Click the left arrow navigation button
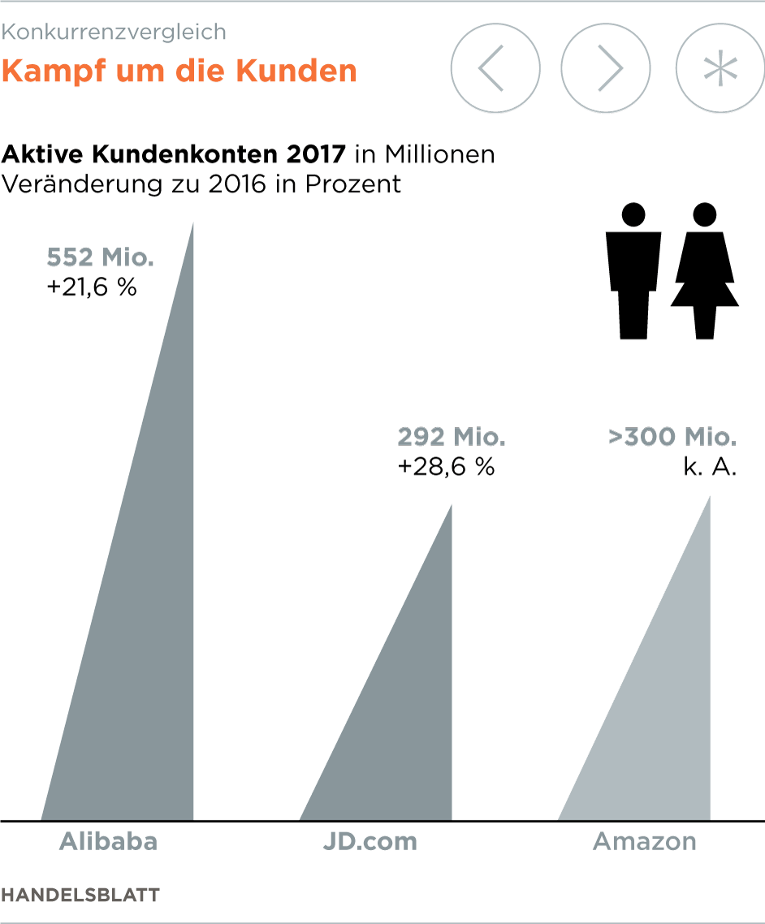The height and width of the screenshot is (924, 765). coord(495,70)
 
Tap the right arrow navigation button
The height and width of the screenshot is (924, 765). coord(606,70)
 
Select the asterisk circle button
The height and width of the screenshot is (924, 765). coord(720,70)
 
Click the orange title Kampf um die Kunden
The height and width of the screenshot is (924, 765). coord(179,71)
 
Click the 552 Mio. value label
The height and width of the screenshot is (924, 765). coord(100,258)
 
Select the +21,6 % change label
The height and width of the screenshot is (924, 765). coord(92,287)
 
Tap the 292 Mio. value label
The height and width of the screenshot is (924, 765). coord(452,438)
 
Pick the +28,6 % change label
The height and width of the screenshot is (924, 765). coord(446,467)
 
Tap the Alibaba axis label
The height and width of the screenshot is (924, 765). coord(108,841)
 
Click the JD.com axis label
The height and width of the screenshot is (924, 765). coord(370,841)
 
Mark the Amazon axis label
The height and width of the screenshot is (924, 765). coord(645,841)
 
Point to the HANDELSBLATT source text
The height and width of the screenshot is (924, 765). coord(80,895)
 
